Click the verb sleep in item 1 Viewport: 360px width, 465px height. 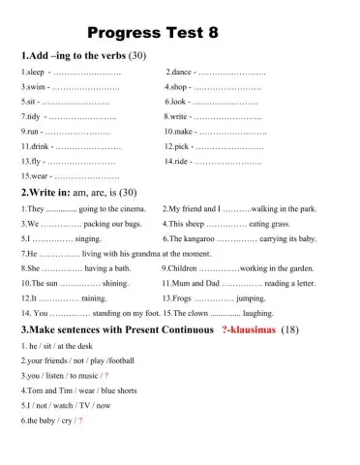click(34, 73)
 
